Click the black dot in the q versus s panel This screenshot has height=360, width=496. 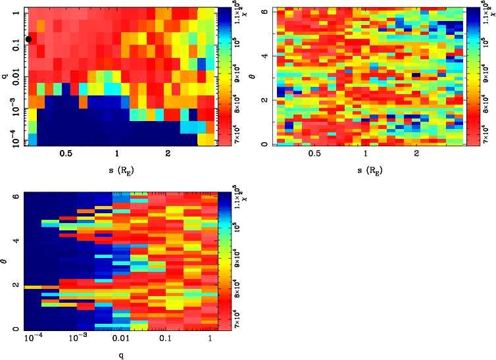[28, 39]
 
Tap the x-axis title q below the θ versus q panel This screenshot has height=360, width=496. [117, 356]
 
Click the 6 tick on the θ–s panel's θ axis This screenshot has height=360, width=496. [264, 12]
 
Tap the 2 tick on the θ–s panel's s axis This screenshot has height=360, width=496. [416, 153]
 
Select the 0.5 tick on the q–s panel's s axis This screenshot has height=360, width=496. [66, 153]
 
